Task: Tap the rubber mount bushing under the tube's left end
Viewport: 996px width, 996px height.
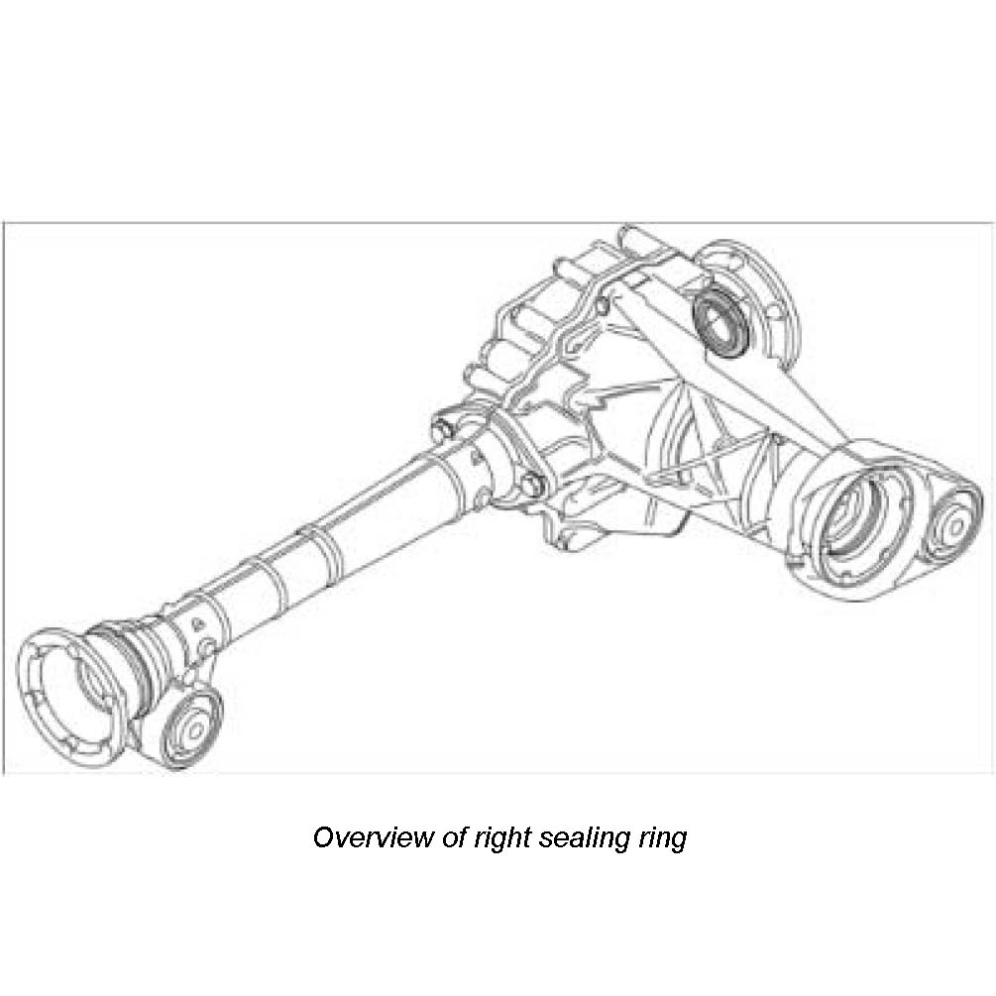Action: point(192,729)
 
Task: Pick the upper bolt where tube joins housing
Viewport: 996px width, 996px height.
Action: point(443,428)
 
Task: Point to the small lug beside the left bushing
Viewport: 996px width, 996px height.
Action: point(207,648)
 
